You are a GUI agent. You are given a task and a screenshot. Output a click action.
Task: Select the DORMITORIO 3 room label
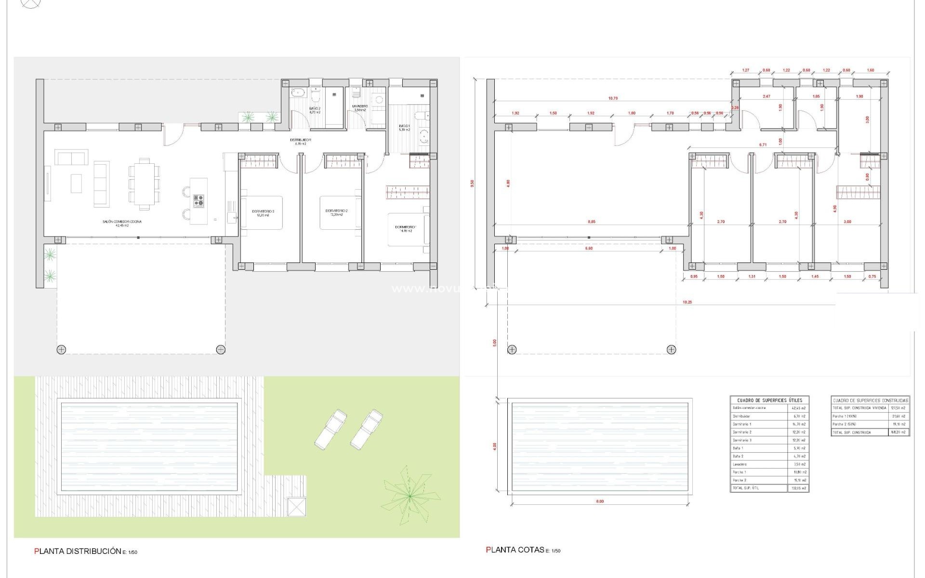click(x=263, y=213)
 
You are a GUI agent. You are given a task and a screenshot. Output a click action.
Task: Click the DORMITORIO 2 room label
click(x=336, y=213)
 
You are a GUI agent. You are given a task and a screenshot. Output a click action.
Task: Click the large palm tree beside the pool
click(x=409, y=495)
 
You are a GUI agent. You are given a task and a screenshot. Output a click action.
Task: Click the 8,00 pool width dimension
click(x=600, y=501)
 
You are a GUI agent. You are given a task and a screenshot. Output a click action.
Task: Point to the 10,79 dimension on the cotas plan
click(x=613, y=98)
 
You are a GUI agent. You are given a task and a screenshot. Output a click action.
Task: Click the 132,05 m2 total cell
click(x=798, y=488)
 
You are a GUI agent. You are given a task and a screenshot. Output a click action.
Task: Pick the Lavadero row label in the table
click(x=740, y=464)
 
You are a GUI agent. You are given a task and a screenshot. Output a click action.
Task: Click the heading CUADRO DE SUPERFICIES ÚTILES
click(x=769, y=400)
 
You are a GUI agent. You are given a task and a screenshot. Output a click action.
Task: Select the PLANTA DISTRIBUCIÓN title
click(x=77, y=551)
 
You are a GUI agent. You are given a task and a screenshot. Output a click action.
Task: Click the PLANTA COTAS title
click(x=515, y=550)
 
